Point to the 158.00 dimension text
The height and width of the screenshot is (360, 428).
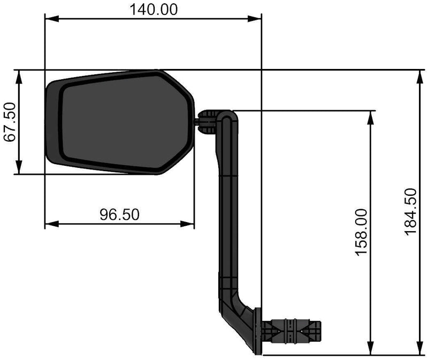point(363,232)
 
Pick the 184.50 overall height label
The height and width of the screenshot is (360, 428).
point(410,212)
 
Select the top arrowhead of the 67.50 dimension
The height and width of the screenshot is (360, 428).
point(19,75)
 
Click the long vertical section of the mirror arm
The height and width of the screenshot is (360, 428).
point(229,214)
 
